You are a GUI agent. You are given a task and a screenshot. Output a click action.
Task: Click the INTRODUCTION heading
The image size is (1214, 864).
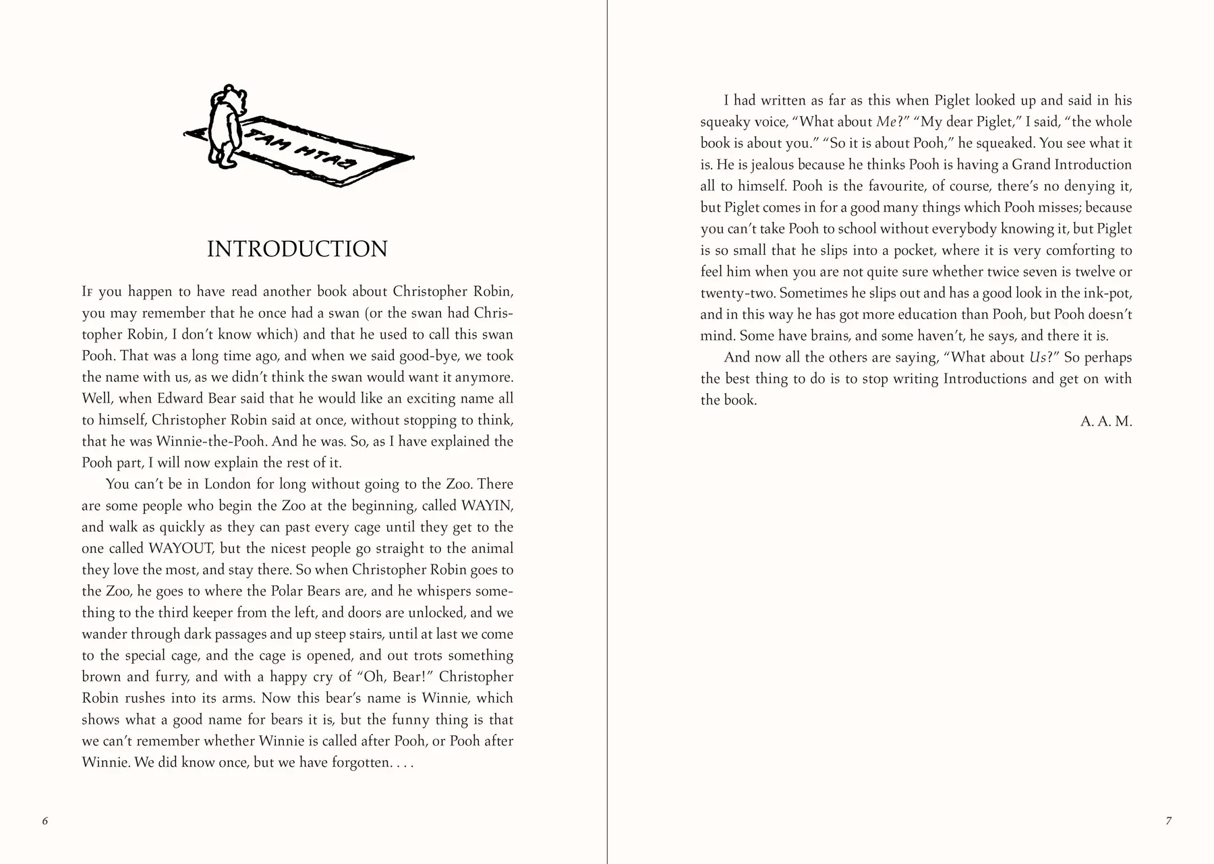[x=297, y=250]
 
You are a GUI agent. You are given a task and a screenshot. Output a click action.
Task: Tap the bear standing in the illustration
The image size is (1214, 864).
[x=225, y=126]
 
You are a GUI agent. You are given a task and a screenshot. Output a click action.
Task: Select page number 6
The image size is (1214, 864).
[x=45, y=821]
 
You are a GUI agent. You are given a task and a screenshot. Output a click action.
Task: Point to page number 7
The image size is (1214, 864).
[x=1168, y=821]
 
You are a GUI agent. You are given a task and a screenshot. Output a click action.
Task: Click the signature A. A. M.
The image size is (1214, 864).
[x=1106, y=422]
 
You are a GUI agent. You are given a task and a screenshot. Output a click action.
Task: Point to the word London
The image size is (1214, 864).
[x=229, y=484]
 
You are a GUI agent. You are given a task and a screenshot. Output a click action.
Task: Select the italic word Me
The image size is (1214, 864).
[x=884, y=122]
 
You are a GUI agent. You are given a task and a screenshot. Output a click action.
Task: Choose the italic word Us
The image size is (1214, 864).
[x=1037, y=357]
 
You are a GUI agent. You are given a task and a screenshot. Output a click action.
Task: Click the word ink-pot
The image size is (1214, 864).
[x=1106, y=293]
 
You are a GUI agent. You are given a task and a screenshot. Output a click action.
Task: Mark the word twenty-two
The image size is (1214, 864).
[x=737, y=293]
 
